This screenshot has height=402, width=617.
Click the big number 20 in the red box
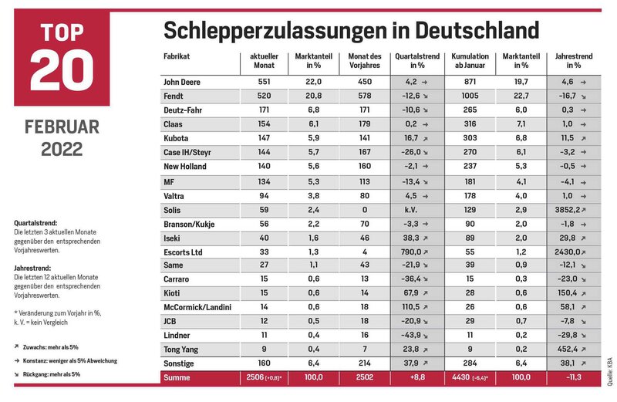pyautogui.click(x=62, y=70)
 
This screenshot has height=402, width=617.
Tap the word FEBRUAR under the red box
pyautogui.click(x=62, y=127)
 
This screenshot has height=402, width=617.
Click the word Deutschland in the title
pyautogui.click(x=477, y=30)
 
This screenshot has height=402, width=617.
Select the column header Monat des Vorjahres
pyautogui.click(x=364, y=61)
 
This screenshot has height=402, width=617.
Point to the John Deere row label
pyautogui.click(x=182, y=82)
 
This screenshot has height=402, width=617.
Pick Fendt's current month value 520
pyautogui.click(x=264, y=96)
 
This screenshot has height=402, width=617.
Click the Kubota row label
pyautogui.click(x=176, y=138)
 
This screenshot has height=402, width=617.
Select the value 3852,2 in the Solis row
pyautogui.click(x=568, y=210)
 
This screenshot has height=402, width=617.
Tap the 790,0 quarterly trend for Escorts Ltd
pyautogui.click(x=411, y=252)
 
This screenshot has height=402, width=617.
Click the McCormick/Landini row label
pyautogui.click(x=197, y=307)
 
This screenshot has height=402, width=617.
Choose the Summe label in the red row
pyautogui.click(x=177, y=377)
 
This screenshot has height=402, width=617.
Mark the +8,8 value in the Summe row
pyautogui.click(x=417, y=377)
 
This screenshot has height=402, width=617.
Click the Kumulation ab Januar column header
pyautogui.click(x=470, y=61)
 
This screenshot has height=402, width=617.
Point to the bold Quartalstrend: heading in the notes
pyautogui.click(x=35, y=223)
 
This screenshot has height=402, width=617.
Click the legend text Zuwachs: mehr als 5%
pyautogui.click(x=50, y=347)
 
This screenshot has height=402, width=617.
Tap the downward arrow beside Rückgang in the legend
pyautogui.click(x=16, y=374)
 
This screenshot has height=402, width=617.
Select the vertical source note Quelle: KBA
pyautogui.click(x=609, y=371)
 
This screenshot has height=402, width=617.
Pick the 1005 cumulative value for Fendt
pyautogui.click(x=470, y=96)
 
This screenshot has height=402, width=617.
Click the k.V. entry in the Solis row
pyautogui.click(x=411, y=210)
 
